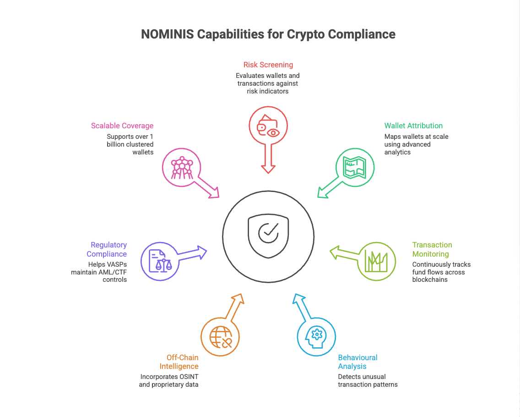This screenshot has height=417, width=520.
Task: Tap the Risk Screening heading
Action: coord(268,65)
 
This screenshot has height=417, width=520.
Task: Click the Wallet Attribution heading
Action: coord(413,126)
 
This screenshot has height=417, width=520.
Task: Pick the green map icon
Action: coord(355,167)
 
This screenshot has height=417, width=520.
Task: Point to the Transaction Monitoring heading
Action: coord(432,249)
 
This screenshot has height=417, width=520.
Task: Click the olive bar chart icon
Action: coord(376,261)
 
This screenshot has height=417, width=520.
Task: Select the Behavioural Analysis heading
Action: coord(357,362)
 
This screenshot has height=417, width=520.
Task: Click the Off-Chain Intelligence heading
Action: coord(179,362)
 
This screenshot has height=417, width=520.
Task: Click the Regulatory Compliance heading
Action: coord(108,249)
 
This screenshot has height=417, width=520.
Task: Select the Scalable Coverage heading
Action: coord(122,126)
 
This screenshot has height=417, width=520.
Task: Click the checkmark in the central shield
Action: coord(268,232)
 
